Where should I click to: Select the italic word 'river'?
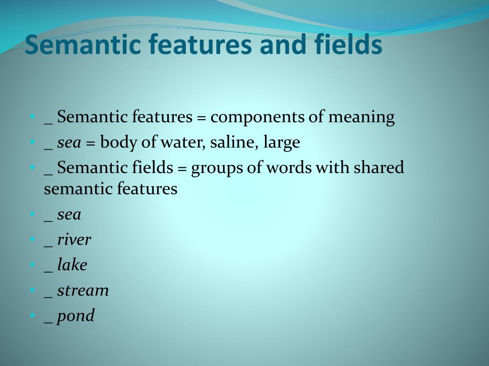74,240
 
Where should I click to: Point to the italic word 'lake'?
72,265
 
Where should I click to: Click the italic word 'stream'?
83,290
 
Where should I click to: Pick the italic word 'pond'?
76,316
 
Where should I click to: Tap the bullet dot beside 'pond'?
32,315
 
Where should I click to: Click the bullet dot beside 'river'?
32,239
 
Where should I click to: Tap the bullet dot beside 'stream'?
32,290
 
